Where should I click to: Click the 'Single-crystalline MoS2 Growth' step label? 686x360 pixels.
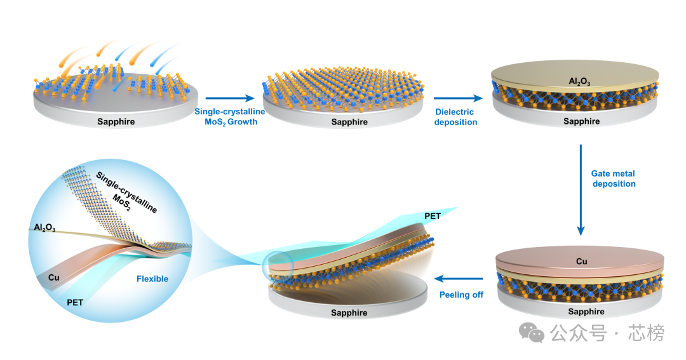[x=225, y=117]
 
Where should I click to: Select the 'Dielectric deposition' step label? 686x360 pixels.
[x=455, y=117]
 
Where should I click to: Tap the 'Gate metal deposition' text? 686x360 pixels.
[x=613, y=178]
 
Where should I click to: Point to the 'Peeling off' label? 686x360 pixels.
[x=461, y=295]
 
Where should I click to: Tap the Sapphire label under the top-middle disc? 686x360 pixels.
[x=349, y=122]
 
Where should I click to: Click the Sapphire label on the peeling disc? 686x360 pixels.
[x=349, y=313]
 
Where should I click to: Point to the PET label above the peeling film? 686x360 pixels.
[x=433, y=217]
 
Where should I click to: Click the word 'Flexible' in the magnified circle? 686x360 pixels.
[x=152, y=279]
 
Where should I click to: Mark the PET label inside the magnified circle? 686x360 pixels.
[x=75, y=303]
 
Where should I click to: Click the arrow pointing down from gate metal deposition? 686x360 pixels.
[x=580, y=190]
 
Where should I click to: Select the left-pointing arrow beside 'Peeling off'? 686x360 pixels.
[x=457, y=279]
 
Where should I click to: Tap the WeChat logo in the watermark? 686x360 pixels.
[x=532, y=332]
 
